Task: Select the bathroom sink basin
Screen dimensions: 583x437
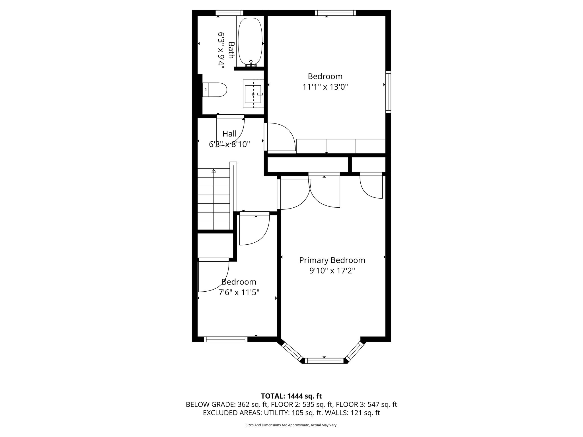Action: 253,94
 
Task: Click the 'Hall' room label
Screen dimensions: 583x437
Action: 229,133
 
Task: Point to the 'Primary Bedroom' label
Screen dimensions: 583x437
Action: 332,260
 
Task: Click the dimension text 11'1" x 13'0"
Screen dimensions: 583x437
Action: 325,87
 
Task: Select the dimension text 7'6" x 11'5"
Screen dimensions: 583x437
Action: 239,292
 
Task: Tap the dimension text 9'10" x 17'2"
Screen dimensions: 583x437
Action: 332,271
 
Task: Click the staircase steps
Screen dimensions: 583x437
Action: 214,199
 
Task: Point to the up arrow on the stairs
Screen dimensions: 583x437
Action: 214,171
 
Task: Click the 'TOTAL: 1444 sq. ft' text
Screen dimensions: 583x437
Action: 291,396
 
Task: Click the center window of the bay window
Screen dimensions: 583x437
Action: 324,361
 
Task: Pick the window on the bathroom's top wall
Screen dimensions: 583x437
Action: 229,13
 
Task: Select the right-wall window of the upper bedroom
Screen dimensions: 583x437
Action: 388,92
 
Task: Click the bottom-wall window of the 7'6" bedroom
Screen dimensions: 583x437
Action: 226,339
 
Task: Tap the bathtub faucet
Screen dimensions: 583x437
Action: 251,63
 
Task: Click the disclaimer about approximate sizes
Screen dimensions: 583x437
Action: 291,425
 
